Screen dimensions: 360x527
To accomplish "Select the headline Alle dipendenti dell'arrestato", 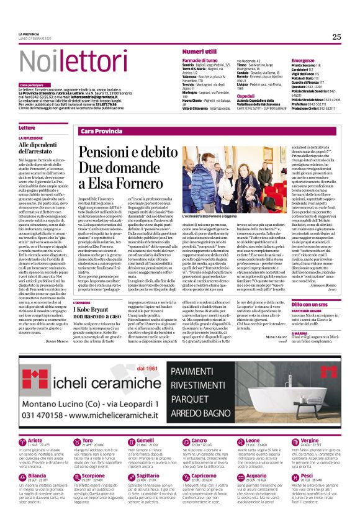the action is click(43, 148).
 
